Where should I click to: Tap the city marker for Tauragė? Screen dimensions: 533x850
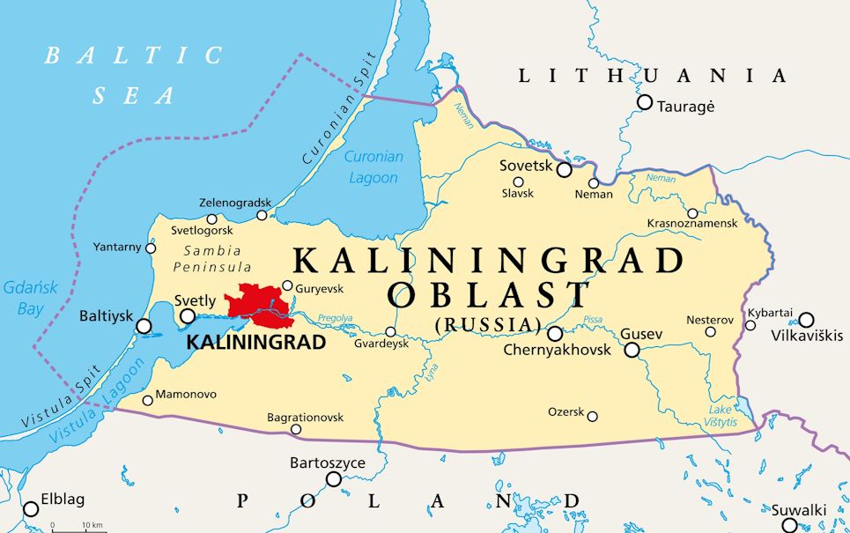pos(645,102)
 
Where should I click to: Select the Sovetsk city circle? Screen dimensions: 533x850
pos(564,169)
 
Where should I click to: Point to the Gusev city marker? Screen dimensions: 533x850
pos(632,350)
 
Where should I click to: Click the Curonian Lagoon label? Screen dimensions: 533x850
pos(373,167)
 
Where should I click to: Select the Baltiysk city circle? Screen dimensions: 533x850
pos(144,326)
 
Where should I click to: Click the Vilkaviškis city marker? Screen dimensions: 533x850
pos(806,320)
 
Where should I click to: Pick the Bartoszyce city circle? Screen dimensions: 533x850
pos(334,479)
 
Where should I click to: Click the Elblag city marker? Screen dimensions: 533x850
pos(31,508)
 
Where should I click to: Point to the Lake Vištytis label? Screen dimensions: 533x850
pos(721,415)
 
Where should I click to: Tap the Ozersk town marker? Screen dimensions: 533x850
pos(593,416)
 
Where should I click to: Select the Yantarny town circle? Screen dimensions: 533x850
pos(151,248)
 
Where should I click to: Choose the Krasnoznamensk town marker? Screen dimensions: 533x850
pos(692,213)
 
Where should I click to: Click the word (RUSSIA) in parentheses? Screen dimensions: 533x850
pos(488,325)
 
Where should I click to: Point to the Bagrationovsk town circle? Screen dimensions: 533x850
pos(296,430)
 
